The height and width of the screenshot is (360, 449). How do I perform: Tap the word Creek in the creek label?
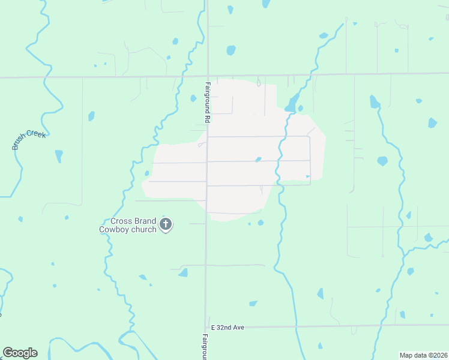[37, 134]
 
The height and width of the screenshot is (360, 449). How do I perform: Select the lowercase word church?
[145, 229]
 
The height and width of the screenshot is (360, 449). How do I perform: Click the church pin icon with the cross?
[166, 225]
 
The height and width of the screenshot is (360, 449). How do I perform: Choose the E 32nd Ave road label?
[227, 328]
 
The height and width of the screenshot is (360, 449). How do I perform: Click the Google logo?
[20, 353]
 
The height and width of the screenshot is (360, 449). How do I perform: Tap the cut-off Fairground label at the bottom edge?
[205, 347]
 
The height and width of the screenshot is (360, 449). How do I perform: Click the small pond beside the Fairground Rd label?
[193, 98]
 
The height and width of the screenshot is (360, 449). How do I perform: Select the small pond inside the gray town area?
[258, 159]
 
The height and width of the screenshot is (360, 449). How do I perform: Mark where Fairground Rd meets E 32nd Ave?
[206, 327]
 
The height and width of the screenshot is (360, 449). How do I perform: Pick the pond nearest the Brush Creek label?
[59, 156]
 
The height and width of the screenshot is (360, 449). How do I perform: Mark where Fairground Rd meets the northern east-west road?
[207, 76]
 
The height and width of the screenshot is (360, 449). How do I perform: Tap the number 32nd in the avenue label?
[226, 328]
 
